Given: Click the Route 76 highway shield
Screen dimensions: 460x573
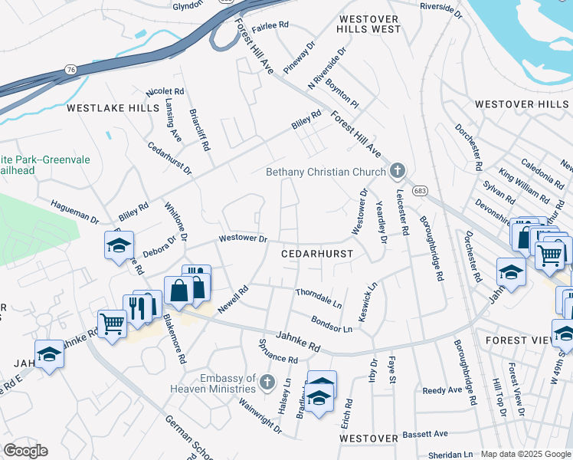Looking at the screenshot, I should (x=70, y=70).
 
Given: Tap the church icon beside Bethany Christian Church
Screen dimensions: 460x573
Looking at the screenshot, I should (x=397, y=170).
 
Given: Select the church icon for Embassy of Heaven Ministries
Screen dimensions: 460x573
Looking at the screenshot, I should (x=267, y=381).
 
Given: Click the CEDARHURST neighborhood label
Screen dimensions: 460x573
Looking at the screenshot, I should (x=317, y=253).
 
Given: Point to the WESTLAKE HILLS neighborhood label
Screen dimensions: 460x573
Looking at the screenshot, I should (x=112, y=109).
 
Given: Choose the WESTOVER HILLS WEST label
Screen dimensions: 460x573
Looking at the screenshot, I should (x=368, y=23).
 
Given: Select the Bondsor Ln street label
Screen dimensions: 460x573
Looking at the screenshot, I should (x=331, y=324).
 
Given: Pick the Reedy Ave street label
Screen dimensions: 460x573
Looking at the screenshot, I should (x=442, y=390).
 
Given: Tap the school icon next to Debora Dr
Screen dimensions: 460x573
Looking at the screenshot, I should (x=120, y=245).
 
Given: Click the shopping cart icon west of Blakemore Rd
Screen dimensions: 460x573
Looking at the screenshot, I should (x=112, y=324).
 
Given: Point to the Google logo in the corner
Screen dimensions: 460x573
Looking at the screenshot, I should (x=25, y=451).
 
